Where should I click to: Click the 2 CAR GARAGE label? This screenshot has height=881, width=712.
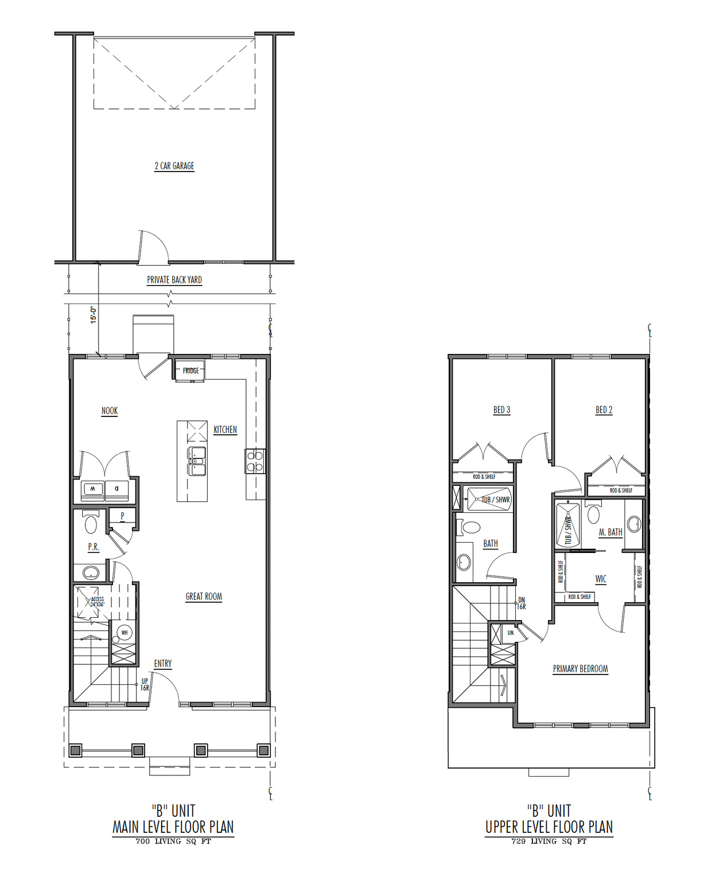174,166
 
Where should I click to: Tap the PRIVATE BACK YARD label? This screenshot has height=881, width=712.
174,280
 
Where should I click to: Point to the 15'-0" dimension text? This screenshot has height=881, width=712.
94,315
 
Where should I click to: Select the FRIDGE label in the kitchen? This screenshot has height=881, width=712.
191,371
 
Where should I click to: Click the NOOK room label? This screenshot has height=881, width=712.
109,411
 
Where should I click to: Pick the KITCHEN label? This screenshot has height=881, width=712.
225,430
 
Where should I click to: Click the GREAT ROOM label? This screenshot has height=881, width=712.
204,597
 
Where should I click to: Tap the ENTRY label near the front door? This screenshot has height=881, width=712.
162,664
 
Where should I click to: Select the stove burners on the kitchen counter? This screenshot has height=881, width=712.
255,461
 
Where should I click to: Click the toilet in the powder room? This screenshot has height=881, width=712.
91,523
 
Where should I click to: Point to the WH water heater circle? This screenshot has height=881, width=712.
124,633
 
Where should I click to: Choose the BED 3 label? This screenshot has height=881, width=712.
501,410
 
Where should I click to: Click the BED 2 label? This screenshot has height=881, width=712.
604,410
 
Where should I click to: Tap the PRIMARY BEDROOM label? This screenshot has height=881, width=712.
580,669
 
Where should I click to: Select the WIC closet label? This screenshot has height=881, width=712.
601,579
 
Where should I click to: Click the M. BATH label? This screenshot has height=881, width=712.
610,532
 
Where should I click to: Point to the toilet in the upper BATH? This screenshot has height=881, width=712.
470,527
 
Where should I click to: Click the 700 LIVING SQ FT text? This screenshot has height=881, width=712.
173,841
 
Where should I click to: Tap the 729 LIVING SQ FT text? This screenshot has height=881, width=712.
549,841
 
